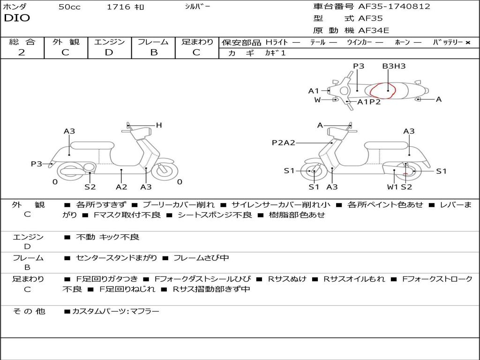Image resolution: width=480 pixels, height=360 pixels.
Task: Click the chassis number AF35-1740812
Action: (x=388, y=7)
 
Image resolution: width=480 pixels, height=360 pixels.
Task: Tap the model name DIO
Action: (x=17, y=18)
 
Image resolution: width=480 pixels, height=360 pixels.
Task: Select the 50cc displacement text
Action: (x=69, y=7)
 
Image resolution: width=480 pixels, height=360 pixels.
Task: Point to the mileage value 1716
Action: (x=118, y=7)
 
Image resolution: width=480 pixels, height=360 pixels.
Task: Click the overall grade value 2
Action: (x=22, y=52)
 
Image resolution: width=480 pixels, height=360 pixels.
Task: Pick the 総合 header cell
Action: (x=22, y=42)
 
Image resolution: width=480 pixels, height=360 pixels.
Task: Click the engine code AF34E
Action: (x=374, y=31)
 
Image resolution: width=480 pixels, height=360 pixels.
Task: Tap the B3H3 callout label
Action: (x=394, y=66)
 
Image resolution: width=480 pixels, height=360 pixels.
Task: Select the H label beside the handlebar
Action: (x=159, y=125)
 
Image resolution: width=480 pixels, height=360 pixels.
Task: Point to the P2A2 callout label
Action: (x=284, y=142)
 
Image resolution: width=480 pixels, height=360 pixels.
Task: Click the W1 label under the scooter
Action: (x=393, y=187)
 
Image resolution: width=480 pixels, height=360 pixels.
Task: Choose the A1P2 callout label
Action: (x=369, y=102)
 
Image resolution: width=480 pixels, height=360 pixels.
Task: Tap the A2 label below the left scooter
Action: (x=121, y=187)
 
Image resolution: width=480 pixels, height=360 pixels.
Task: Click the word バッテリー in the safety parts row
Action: (x=448, y=42)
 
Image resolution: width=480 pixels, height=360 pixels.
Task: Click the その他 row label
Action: (x=29, y=311)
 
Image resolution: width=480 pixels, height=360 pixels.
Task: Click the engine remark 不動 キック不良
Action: (x=107, y=237)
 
